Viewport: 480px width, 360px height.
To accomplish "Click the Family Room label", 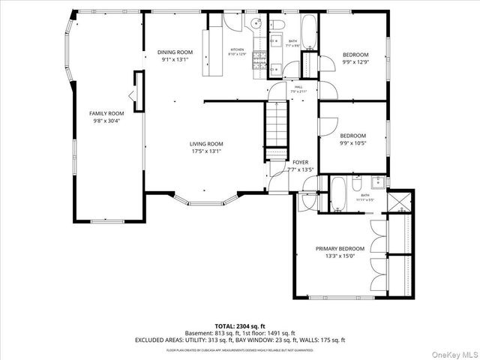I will pos(106,113).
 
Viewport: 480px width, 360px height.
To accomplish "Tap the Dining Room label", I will pos(175,52).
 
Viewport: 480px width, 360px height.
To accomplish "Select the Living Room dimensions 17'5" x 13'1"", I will pos(205,151).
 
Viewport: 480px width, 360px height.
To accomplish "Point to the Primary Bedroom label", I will pos(340,248).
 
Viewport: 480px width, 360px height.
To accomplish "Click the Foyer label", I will pos(300,162).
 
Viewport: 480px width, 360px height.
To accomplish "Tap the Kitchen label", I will pos(237,49).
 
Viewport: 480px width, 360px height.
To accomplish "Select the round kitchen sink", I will pos(255,23).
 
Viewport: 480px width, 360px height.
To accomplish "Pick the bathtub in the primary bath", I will pos(337,193).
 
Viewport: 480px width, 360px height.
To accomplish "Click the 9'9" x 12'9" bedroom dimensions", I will pos(355,62).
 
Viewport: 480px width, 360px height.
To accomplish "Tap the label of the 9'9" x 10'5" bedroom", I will pos(355,136).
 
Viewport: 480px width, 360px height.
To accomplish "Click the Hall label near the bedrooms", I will pos(298,88).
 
